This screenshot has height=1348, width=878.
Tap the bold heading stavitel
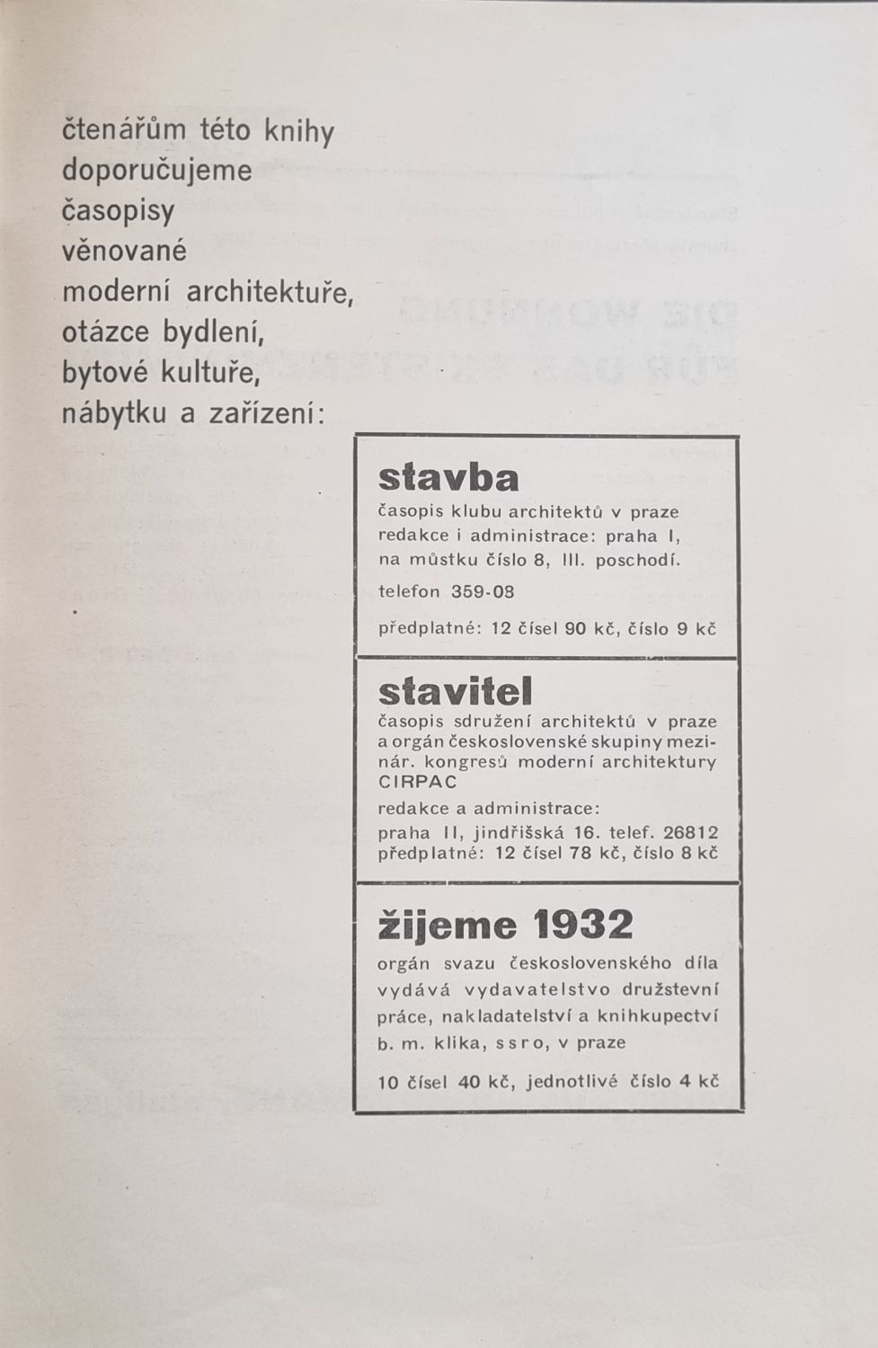click(x=455, y=691)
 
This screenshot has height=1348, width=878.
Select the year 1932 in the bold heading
click(x=582, y=924)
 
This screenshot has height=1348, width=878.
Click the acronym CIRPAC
click(x=417, y=782)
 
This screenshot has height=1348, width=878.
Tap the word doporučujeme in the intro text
click(x=156, y=171)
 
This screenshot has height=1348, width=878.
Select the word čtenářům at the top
click(x=123, y=130)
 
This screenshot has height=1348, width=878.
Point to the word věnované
click(x=124, y=251)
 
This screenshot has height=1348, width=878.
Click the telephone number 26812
click(x=690, y=832)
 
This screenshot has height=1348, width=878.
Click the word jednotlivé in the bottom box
click(x=573, y=1081)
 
